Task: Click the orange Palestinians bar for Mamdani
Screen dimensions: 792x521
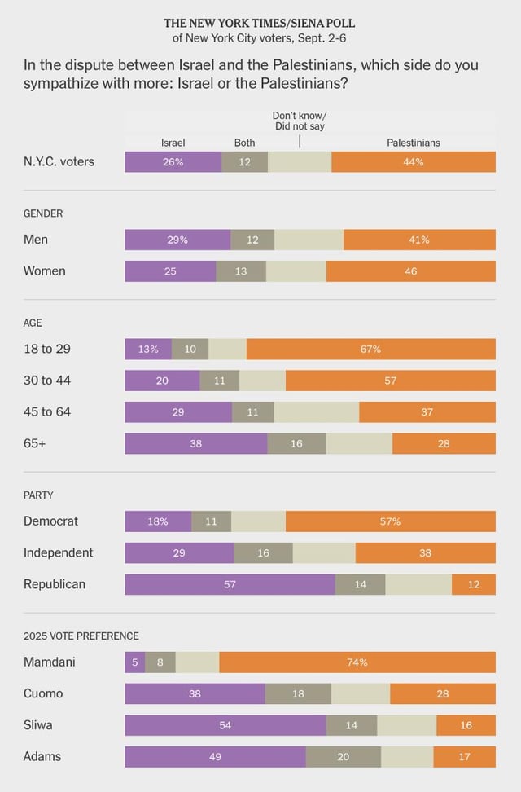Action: [x=357, y=662]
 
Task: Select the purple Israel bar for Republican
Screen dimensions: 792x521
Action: [x=230, y=584]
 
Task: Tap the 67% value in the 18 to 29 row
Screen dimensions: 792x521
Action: [x=370, y=349]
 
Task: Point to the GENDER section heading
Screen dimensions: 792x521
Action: [x=42, y=213]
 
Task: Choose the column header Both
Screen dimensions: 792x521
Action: [x=244, y=143]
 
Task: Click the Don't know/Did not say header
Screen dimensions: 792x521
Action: [x=299, y=121]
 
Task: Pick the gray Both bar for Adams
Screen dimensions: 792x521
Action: [x=343, y=757]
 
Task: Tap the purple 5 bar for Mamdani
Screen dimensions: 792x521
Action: [x=134, y=662]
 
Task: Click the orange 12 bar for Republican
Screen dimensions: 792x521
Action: [x=474, y=584]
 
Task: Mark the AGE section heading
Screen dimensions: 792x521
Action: [x=33, y=323]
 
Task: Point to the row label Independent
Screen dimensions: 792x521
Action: [x=59, y=552]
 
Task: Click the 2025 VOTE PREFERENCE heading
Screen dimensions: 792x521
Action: [x=81, y=636]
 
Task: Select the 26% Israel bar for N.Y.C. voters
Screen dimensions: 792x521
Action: [x=173, y=161]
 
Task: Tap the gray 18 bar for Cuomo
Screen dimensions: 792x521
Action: [x=298, y=693]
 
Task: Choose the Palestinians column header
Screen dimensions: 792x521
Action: [x=413, y=143]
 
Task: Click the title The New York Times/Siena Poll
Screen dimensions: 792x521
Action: [x=260, y=24]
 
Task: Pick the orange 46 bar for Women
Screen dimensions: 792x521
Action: [x=410, y=271]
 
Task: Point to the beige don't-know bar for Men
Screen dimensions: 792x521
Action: [x=309, y=240]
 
